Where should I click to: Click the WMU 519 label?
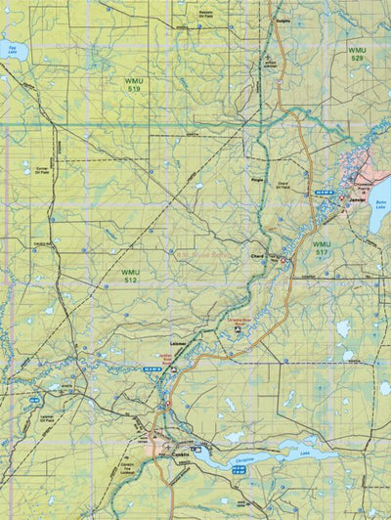(x=132, y=84)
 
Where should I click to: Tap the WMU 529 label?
(x=360, y=53)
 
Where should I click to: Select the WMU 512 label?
(x=130, y=276)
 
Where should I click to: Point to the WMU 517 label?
(x=322, y=247)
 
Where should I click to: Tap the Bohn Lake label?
(x=380, y=205)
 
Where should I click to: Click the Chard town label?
(x=258, y=256)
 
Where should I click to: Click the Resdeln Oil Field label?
(x=206, y=14)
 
